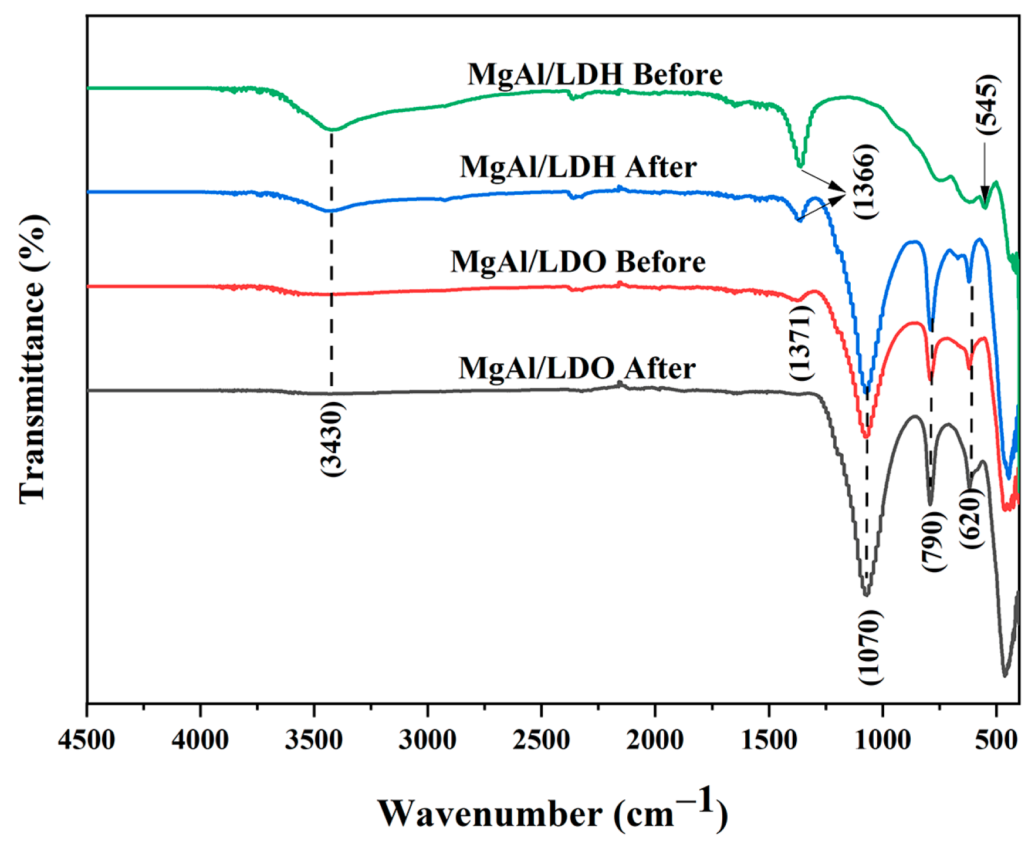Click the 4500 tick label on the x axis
click(86, 741)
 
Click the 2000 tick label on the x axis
click(655, 741)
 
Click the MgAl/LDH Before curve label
click(595, 75)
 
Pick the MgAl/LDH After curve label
click(578, 167)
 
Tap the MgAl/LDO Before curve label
click(578, 261)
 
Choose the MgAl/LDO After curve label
click(577, 369)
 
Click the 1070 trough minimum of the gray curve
click(866, 594)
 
